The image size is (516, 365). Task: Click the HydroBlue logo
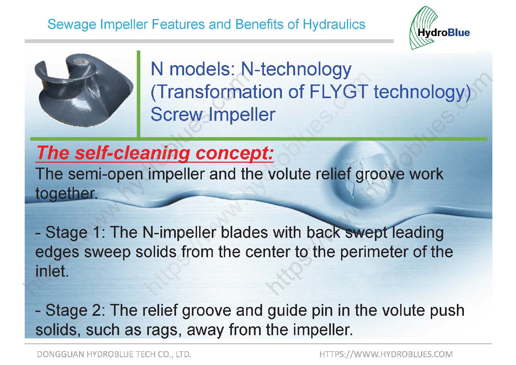[x=439, y=28]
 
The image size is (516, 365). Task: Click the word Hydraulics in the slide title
[x=334, y=24]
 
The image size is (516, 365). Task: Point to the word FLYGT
[x=339, y=92]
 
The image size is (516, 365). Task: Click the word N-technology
[x=296, y=69]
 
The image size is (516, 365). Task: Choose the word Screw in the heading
[x=176, y=114]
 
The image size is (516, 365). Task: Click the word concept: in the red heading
[x=234, y=153]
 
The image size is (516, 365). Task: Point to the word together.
[x=66, y=193]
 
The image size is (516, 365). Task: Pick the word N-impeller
[x=179, y=232]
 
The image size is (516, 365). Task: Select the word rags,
[x=163, y=330]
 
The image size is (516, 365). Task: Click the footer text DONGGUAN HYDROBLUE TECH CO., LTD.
[x=114, y=354]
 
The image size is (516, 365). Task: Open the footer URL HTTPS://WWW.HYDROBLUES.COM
[x=386, y=354]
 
